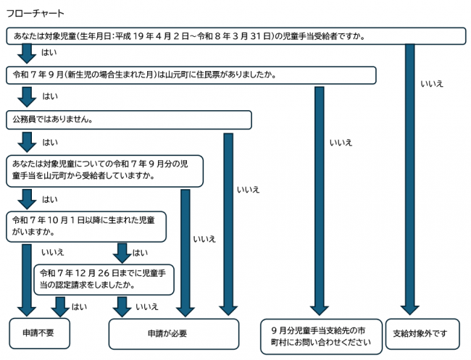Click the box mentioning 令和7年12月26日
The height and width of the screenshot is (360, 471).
pos(105,279)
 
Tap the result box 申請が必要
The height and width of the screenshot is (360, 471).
pos(173,334)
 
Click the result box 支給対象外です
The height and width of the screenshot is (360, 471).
pos(422,334)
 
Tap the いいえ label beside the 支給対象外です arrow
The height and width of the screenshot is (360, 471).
pos(431,84)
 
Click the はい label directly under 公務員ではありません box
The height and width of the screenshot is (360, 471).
pos(50,142)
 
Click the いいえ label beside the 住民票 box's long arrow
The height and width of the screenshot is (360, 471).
pos(340,143)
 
